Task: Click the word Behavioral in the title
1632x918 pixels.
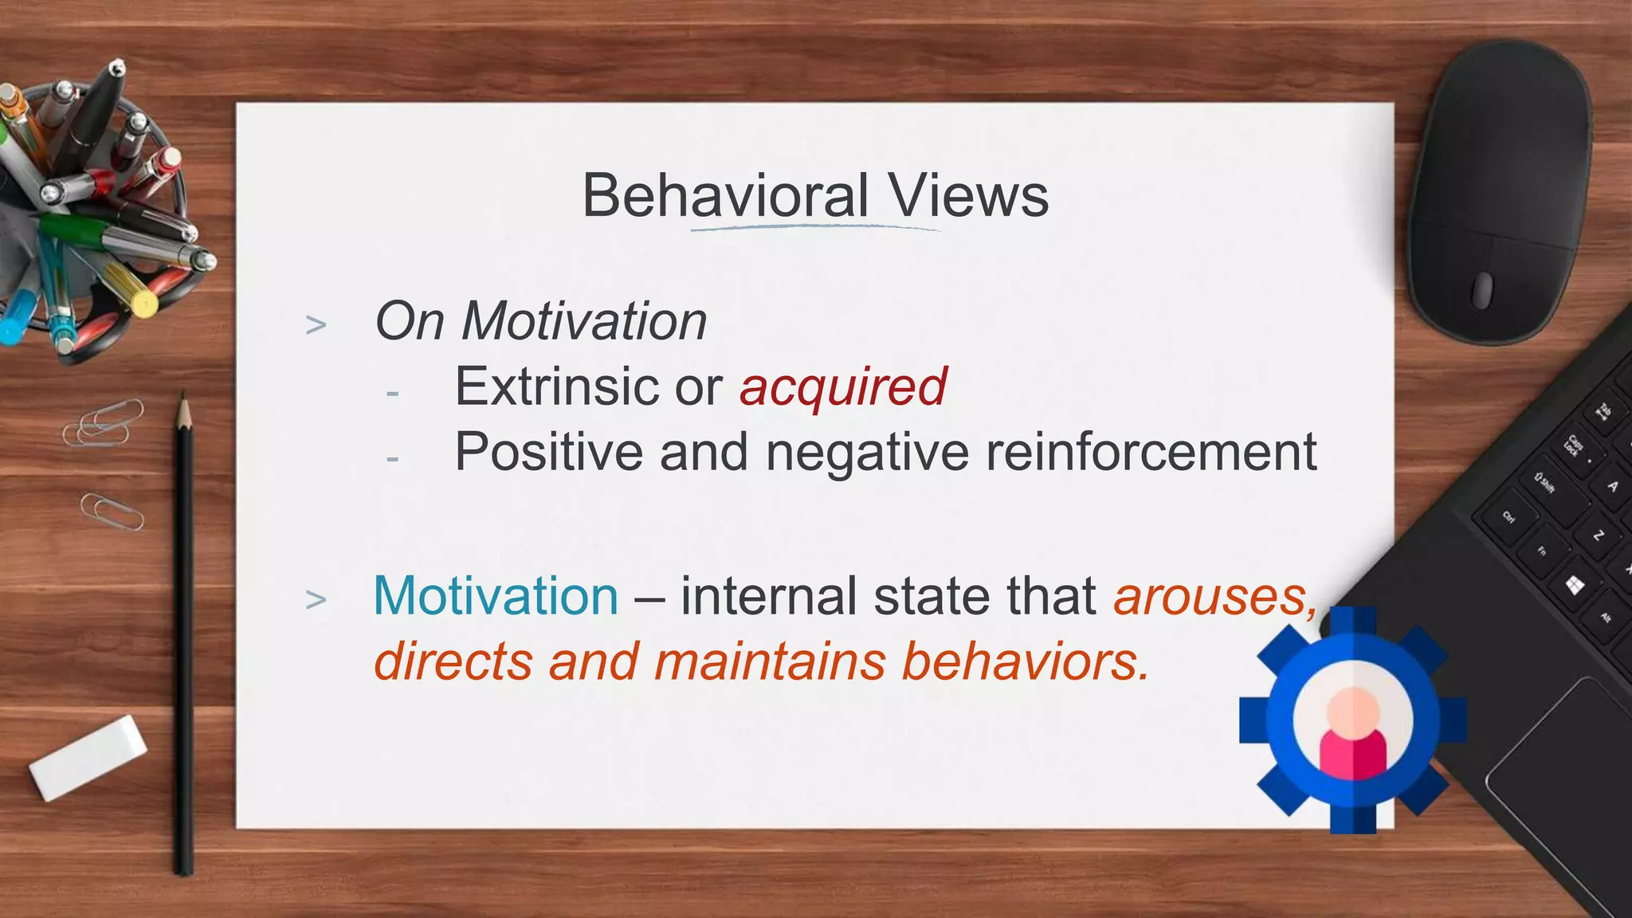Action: (x=724, y=196)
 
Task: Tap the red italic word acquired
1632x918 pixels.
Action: (x=842, y=388)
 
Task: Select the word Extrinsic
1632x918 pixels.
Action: (x=556, y=387)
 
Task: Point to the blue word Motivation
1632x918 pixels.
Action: (x=496, y=596)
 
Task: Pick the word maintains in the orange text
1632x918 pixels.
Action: (x=770, y=662)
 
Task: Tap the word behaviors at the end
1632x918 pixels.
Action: (x=1025, y=662)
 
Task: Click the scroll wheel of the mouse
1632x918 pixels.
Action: (x=1482, y=289)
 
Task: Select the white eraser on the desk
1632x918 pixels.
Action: (x=88, y=757)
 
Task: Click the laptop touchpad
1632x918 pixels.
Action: (x=1562, y=765)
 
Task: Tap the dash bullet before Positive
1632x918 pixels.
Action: (x=392, y=459)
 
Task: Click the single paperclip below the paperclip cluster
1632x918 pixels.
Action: (x=112, y=512)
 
